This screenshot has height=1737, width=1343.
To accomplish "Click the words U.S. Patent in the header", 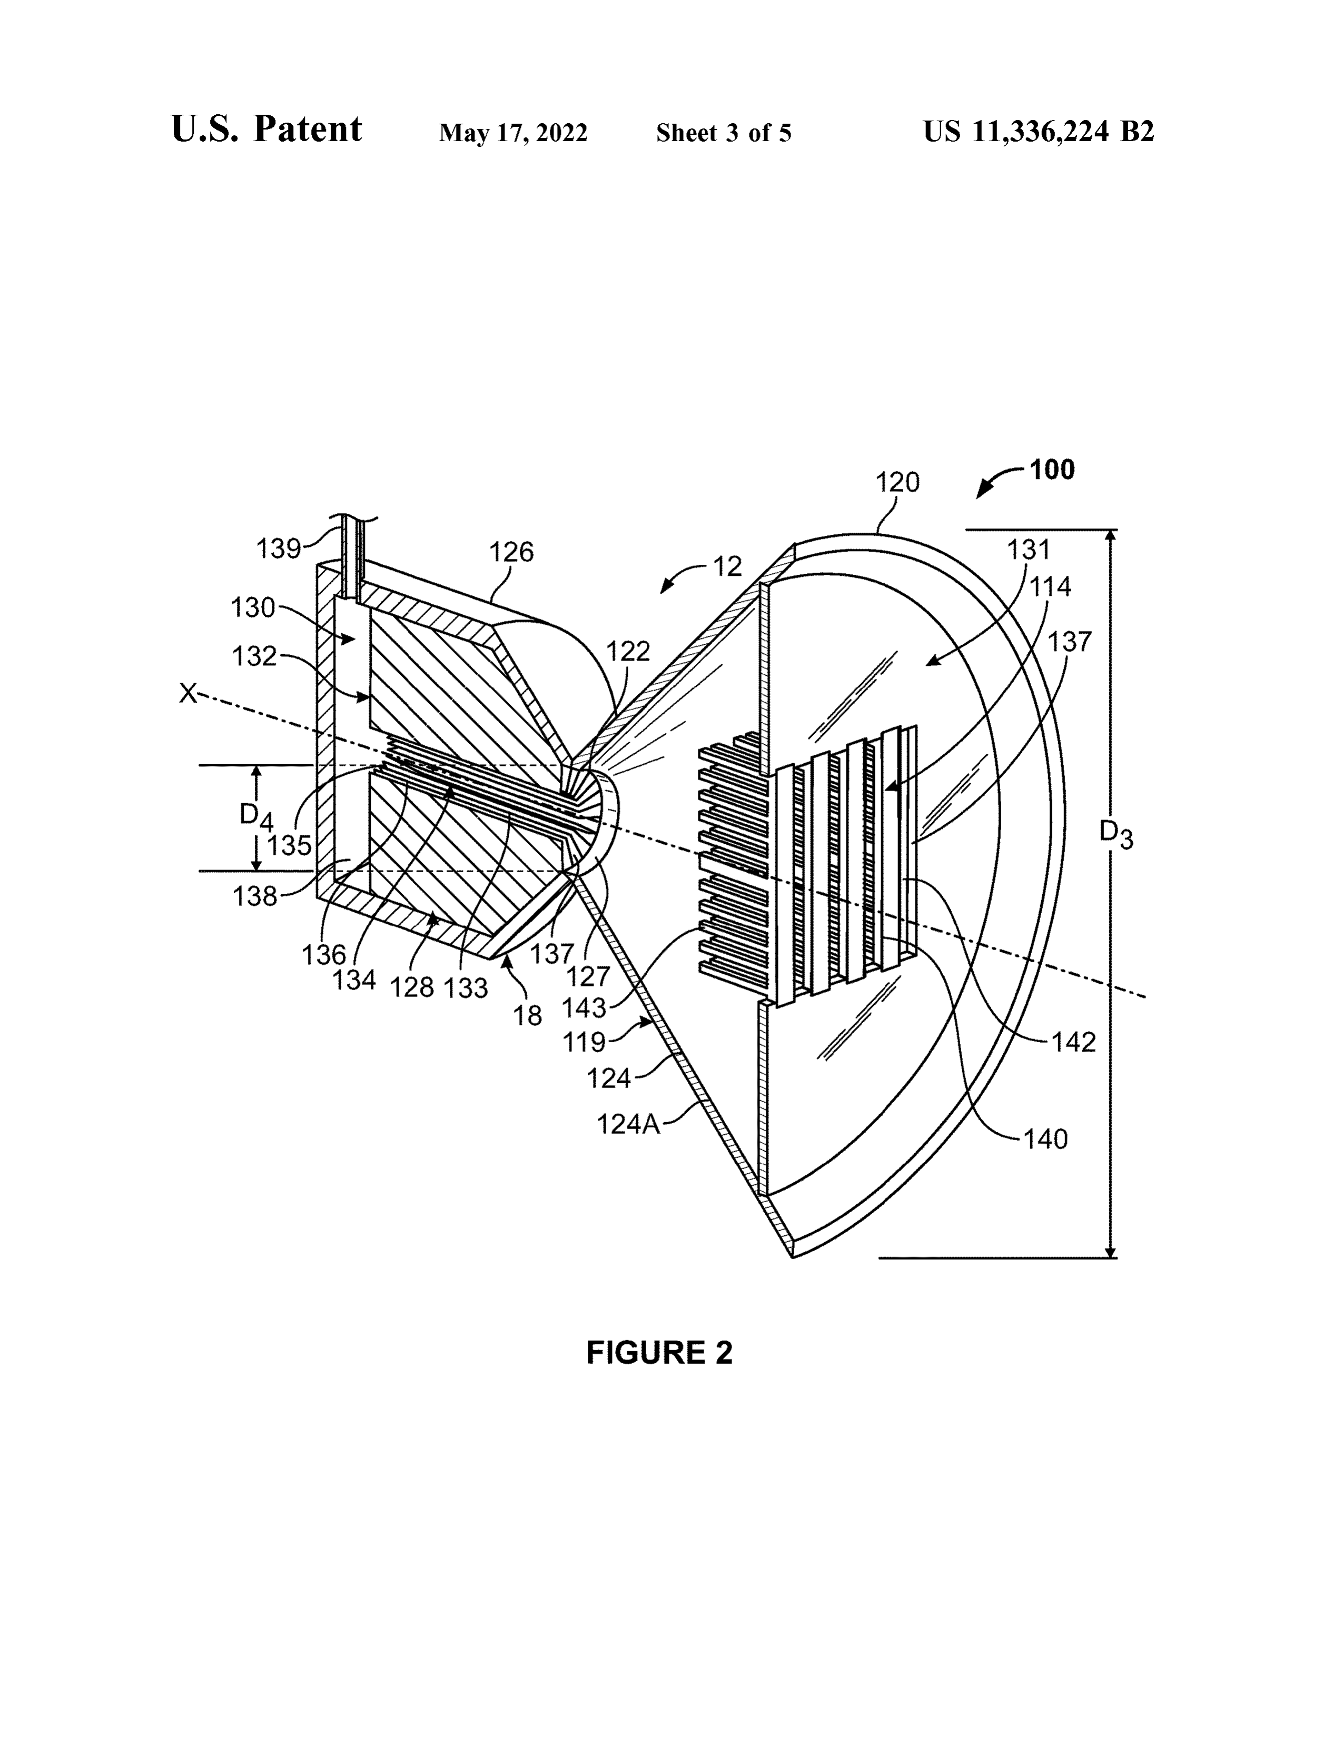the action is pos(266,129).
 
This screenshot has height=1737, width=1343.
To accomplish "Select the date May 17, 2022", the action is pos(513,133).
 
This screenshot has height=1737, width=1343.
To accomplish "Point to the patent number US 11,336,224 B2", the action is pos(1038,131).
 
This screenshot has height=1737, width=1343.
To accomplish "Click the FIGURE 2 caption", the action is pos(659,1353).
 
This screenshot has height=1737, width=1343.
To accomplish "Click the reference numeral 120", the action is pos(897,482).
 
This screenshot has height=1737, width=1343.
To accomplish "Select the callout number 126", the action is pos(511,552).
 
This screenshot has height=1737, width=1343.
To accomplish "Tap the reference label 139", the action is pos(279,549).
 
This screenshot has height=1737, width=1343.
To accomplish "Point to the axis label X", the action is pos(188,694).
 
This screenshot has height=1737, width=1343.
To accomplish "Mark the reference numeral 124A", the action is pos(628,1125).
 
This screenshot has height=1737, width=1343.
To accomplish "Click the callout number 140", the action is pos(1045,1140).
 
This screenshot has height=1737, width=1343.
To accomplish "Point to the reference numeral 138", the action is pos(254,896).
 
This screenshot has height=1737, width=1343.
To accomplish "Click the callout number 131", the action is pos(1029,550).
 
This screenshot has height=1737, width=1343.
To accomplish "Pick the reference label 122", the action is pos(628,652).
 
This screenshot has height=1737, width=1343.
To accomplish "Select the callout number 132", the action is pos(254,657).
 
